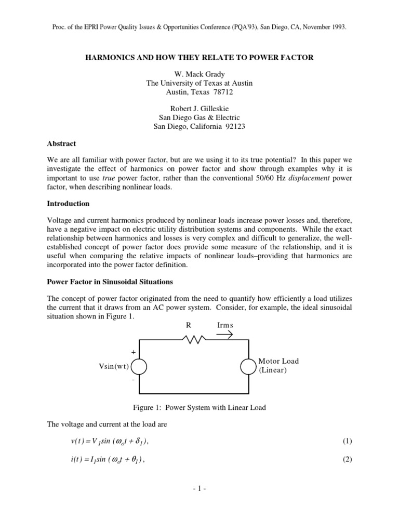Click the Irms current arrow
(x=224, y=335)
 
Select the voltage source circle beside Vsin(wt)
(x=139, y=367)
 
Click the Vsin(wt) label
(x=113, y=367)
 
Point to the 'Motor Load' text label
(x=278, y=361)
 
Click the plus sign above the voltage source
(x=134, y=352)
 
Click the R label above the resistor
(x=189, y=325)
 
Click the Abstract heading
(x=61, y=143)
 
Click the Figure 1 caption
(x=199, y=407)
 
